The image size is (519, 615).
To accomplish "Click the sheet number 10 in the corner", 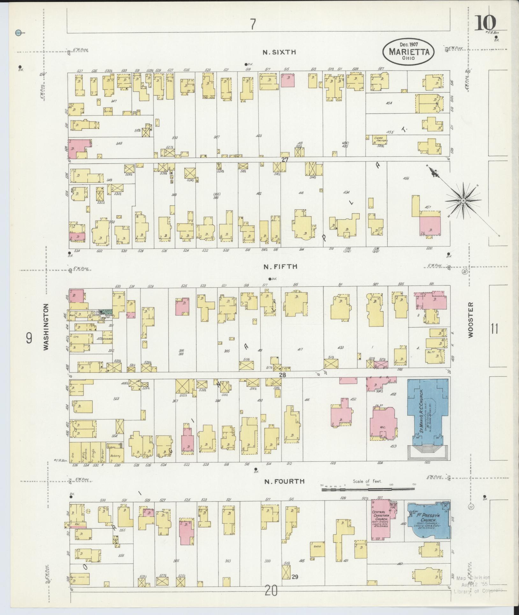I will [x=485, y=22].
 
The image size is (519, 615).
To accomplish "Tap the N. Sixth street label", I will [x=280, y=52].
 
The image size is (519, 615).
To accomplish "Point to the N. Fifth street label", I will [x=280, y=266].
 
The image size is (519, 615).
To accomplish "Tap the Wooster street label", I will [x=471, y=320].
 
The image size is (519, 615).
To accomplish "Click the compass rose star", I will [x=463, y=200].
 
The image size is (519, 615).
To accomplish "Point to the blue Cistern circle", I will [x=18, y=33].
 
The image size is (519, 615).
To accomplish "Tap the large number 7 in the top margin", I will [x=253, y=24].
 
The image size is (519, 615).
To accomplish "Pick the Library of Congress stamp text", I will [x=478, y=590].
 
